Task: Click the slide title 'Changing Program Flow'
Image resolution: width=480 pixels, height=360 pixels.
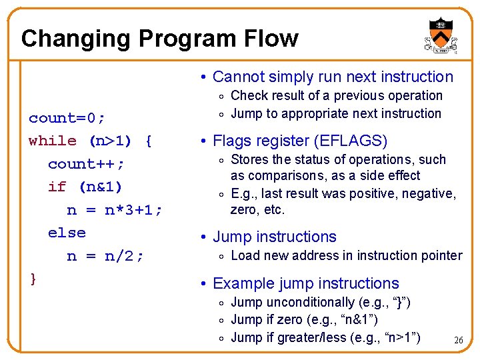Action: (159, 39)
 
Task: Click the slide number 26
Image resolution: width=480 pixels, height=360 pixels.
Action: (458, 341)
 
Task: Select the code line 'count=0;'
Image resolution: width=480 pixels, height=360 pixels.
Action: (67, 119)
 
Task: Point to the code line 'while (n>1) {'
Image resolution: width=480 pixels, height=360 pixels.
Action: (91, 141)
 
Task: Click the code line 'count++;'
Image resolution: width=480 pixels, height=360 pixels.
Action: (87, 164)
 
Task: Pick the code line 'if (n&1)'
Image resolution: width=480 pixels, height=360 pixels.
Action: (85, 187)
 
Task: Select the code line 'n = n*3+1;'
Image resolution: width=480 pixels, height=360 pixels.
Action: (115, 210)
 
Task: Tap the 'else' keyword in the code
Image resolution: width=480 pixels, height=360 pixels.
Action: (67, 233)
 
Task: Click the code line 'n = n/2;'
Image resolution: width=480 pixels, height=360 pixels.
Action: (105, 256)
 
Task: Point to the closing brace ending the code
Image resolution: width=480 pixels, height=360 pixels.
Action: (33, 278)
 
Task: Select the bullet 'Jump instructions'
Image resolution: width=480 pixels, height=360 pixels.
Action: (274, 237)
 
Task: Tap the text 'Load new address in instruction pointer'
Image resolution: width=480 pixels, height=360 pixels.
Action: (346, 255)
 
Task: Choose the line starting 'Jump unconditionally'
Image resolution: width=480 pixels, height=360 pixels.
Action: (320, 303)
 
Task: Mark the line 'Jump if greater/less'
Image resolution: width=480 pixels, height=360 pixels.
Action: (325, 337)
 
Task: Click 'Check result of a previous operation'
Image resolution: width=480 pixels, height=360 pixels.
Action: (336, 96)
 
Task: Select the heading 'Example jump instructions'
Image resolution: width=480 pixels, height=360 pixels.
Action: (305, 284)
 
